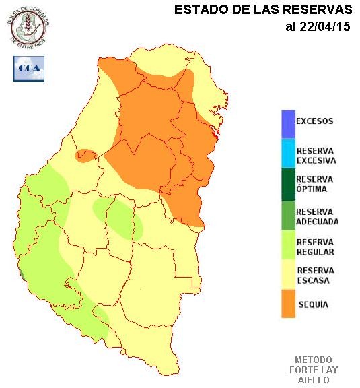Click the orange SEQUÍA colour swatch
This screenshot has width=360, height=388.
(x=289, y=303)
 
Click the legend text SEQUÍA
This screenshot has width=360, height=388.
(x=312, y=304)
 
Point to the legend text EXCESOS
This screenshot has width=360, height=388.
(x=315, y=122)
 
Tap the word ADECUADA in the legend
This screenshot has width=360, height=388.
(x=318, y=221)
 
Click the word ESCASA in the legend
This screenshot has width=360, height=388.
(x=313, y=280)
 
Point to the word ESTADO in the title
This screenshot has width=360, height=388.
(x=197, y=10)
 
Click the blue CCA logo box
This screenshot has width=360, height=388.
(x=29, y=69)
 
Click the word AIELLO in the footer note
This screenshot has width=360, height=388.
(x=314, y=380)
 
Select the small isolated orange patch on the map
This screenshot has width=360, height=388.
(x=86, y=156)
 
